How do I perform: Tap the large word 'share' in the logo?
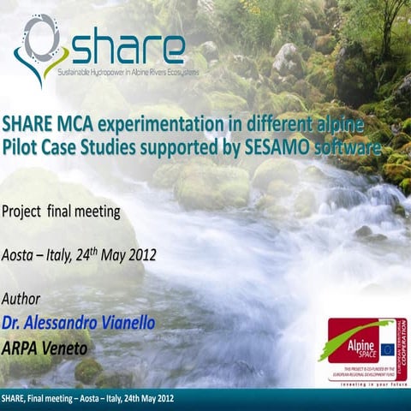pyautogui.click(x=128, y=50)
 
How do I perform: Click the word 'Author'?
pyautogui.click(x=23, y=301)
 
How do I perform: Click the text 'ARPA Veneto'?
pyautogui.click(x=46, y=348)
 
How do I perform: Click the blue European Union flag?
pyautogui.click(x=386, y=348)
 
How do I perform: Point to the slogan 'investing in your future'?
pyautogui.click(x=368, y=384)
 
